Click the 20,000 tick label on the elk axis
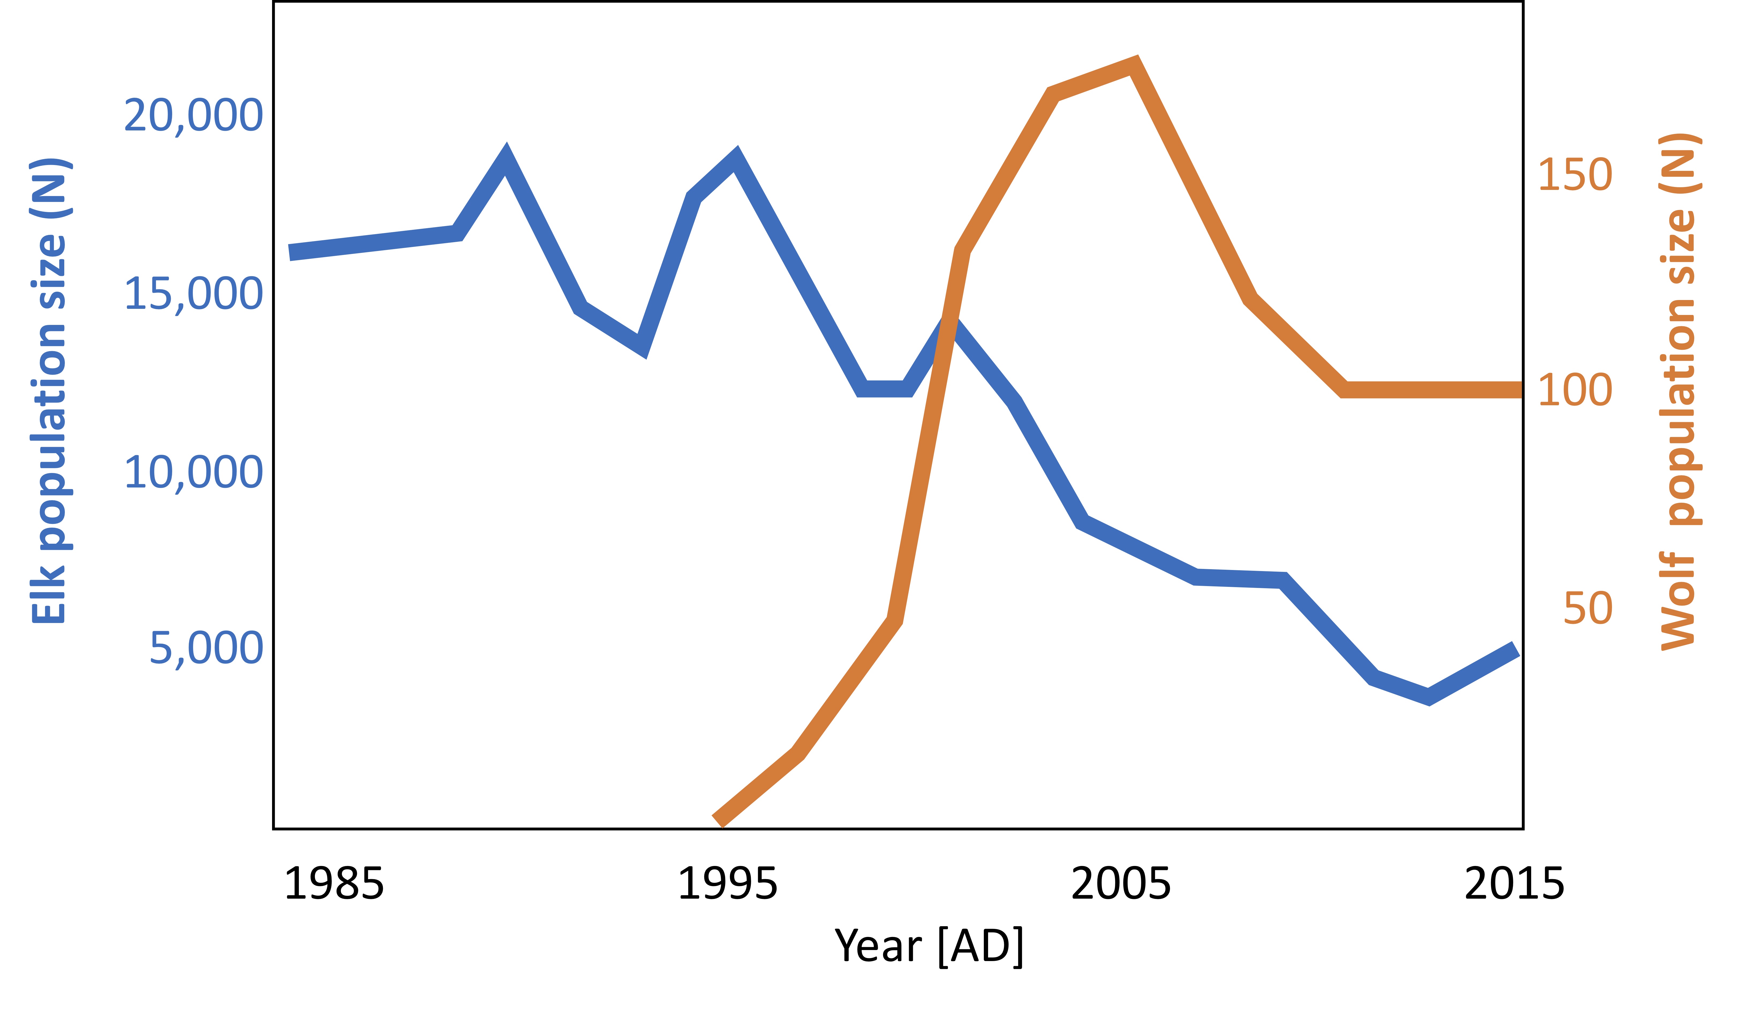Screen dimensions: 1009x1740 click(x=193, y=115)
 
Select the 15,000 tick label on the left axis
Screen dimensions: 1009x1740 click(x=193, y=294)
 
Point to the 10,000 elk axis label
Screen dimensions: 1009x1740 click(x=193, y=473)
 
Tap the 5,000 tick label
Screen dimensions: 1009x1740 click(x=206, y=649)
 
